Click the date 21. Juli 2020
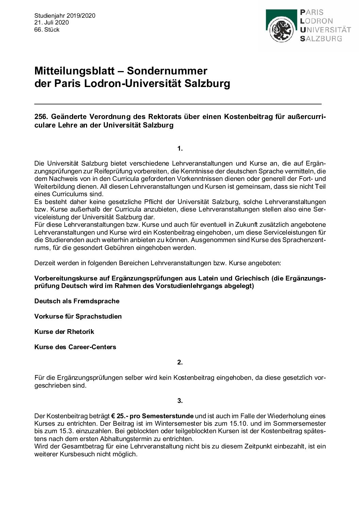click(51, 22)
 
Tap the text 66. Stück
click(47, 30)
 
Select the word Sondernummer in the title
click(167, 71)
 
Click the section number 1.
click(180, 148)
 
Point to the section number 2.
click(180, 362)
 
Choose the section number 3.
click(180, 401)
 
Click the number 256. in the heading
click(41, 117)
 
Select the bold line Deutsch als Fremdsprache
click(77, 301)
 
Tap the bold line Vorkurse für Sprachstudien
click(78, 317)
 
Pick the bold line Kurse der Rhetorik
click(64, 332)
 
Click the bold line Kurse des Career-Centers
click(75, 347)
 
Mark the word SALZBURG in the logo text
click(321, 38)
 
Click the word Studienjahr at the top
click(50, 16)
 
